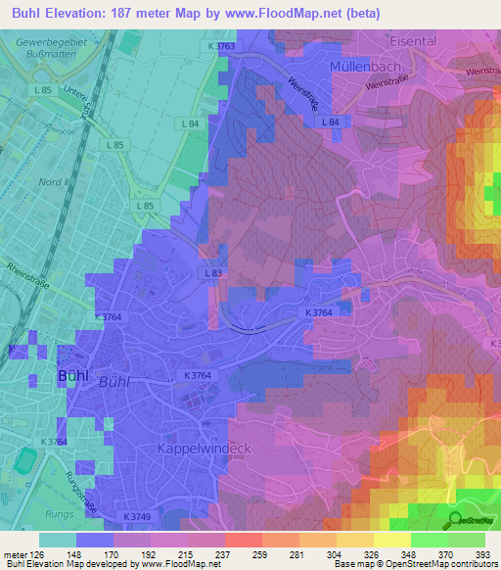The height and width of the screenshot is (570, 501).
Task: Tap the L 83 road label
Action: coord(213,272)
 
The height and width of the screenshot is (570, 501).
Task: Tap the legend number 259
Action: coord(261,555)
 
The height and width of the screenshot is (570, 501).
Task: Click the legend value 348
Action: coord(410,555)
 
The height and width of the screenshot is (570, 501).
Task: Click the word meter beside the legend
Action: coord(14,555)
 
